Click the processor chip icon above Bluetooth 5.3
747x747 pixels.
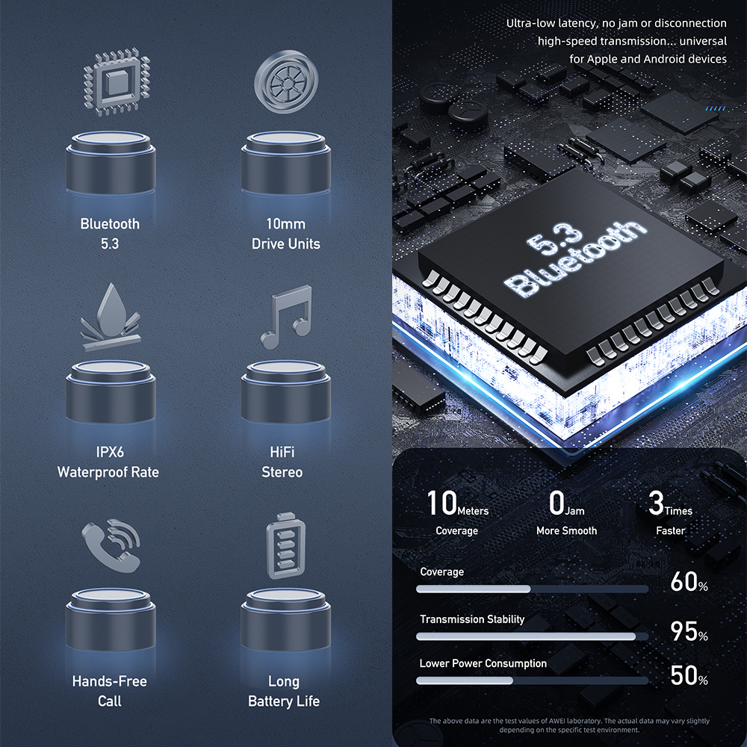coord(117,82)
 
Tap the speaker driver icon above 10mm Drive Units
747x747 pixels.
coord(286,81)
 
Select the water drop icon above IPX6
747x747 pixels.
coord(111,316)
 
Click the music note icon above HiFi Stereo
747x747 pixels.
coord(286,316)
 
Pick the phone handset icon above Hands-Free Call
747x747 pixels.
coord(111,545)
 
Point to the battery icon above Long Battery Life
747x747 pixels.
coord(286,546)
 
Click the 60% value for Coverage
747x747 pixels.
coord(689,582)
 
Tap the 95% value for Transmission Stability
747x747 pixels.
coord(689,630)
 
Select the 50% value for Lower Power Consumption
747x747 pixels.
coord(689,675)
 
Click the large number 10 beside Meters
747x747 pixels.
coord(441,503)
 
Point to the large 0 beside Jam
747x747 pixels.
coord(557,503)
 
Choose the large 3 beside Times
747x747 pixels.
coord(656,503)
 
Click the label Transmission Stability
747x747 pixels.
coord(472,619)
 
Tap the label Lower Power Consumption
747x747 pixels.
coord(483,663)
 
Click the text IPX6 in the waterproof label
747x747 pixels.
coord(110,452)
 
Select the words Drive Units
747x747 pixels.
coord(286,244)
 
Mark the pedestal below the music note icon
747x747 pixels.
coord(286,391)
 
